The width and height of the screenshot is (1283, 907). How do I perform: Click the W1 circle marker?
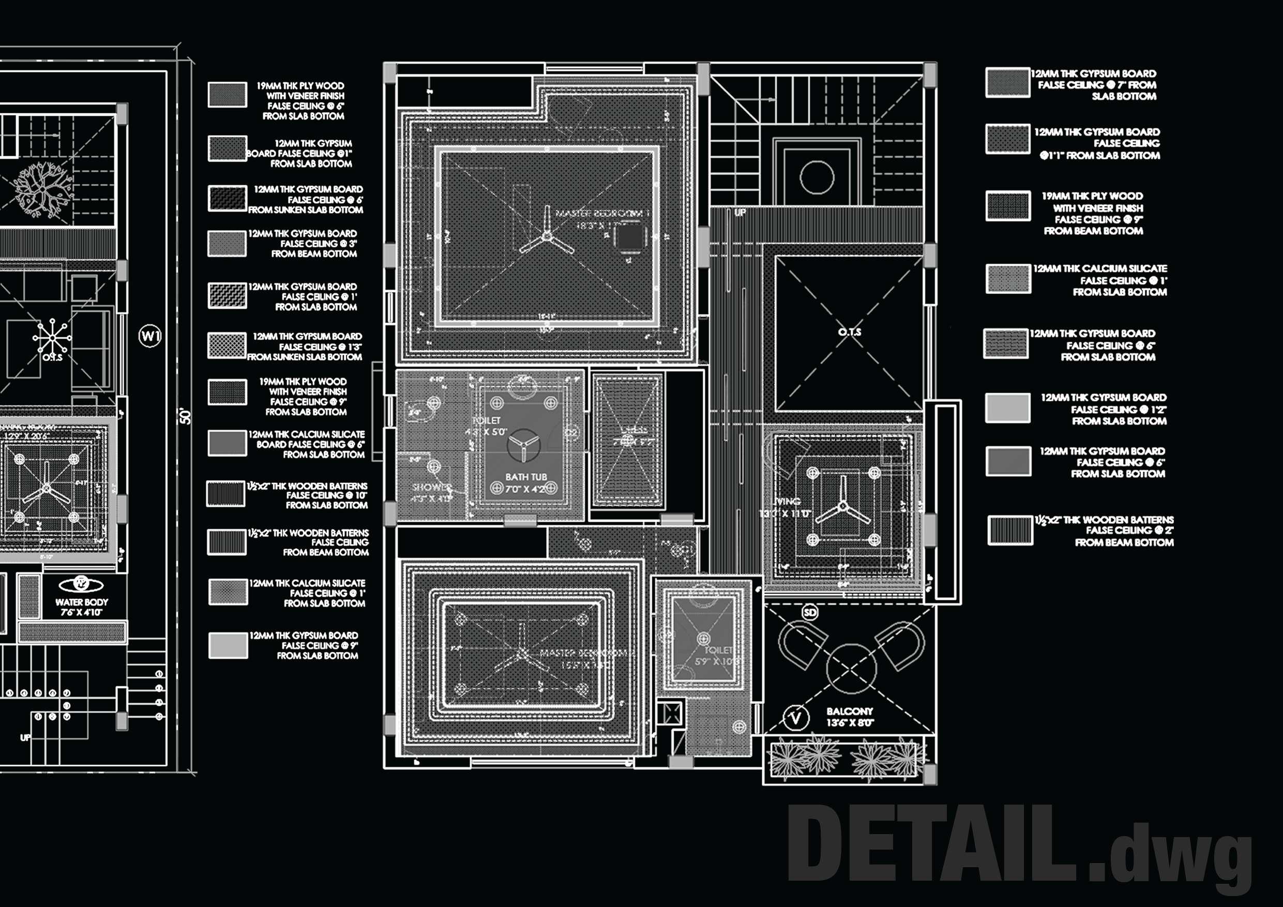click(x=150, y=336)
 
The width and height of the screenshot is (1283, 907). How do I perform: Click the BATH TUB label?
click(x=526, y=477)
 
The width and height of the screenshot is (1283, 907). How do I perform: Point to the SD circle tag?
click(x=810, y=612)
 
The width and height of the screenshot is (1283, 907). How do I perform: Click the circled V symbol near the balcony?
click(x=796, y=718)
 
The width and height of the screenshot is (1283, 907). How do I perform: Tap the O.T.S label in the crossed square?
click(x=849, y=332)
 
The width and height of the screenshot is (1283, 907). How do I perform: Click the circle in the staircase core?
click(x=817, y=177)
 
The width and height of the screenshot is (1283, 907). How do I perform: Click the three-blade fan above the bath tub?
click(x=523, y=445)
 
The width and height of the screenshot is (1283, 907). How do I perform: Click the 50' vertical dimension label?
click(x=185, y=416)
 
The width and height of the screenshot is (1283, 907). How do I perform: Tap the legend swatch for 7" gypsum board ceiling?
click(x=1007, y=83)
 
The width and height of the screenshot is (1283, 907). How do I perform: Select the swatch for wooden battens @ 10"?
click(x=227, y=494)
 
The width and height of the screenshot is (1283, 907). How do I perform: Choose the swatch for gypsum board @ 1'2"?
click(x=1007, y=408)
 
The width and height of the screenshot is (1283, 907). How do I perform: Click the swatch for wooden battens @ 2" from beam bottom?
click(x=1010, y=530)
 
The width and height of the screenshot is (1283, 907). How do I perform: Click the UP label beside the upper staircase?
click(x=740, y=213)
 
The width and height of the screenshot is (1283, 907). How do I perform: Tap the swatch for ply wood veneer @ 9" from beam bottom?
click(x=1007, y=206)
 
